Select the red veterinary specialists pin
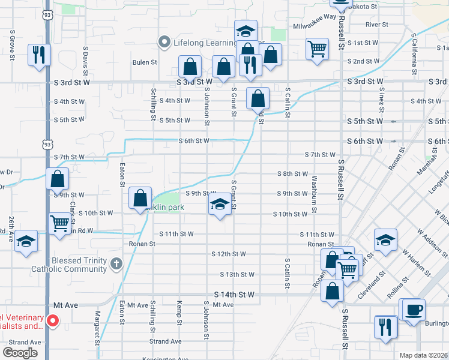click(52, 322)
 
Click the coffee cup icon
click(414, 310)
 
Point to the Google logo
click(20, 353)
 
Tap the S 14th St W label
click(235, 295)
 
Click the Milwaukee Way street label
click(315, 26)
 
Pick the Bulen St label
click(145, 62)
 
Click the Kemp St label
click(179, 314)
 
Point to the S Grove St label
click(11, 43)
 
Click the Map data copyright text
click(423, 355)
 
